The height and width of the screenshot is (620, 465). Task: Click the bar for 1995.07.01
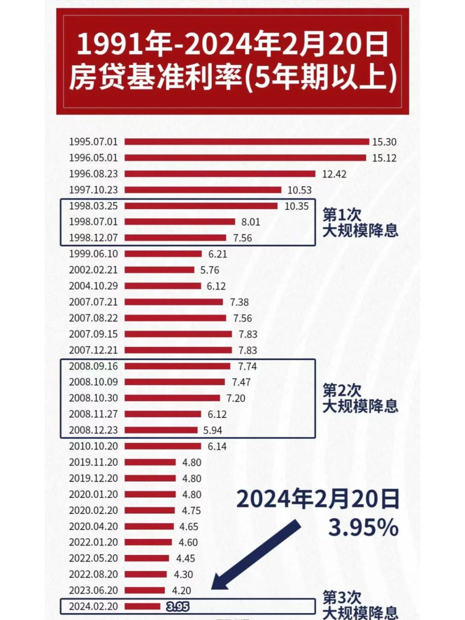tap(247, 142)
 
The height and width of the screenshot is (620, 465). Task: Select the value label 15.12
tap(384, 158)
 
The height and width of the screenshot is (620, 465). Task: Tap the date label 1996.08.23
tap(93, 174)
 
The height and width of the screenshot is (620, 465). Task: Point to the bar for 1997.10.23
tap(203, 190)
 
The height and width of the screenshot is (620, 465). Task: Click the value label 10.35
tap(297, 206)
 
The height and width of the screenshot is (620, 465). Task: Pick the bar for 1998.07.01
tap(180, 222)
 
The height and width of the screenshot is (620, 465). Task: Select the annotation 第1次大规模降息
tap(360, 223)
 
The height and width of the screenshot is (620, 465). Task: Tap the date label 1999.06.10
tap(93, 254)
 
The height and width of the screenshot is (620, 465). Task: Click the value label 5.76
tap(210, 270)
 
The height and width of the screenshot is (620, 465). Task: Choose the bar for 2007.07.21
tap(174, 302)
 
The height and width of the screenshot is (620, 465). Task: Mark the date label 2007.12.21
tap(93, 350)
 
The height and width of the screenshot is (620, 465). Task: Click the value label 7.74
tap(247, 366)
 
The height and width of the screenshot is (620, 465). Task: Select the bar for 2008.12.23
tap(161, 430)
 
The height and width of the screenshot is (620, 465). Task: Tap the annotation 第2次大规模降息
tap(360, 399)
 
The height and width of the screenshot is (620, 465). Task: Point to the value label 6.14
tap(217, 446)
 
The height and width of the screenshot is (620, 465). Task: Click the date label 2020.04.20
tap(93, 527)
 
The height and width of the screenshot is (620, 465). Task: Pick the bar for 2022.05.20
tap(147, 558)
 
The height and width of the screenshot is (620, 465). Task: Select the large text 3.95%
tap(363, 528)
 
